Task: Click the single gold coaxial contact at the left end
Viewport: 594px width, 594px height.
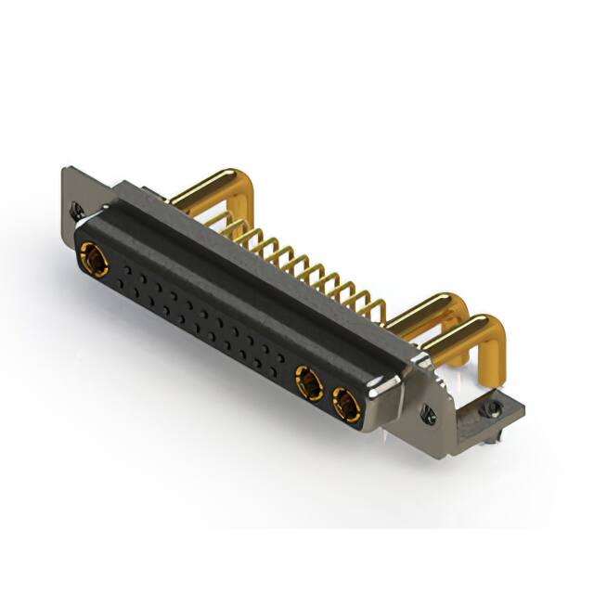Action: [94, 257]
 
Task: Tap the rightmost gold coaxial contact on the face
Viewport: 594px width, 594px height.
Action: [345, 404]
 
